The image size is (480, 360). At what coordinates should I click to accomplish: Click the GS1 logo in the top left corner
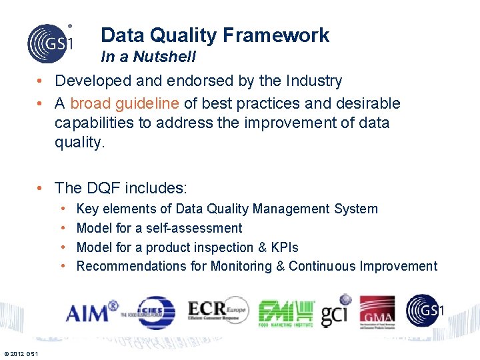(49, 43)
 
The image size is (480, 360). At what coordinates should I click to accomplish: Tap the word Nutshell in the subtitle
(164, 57)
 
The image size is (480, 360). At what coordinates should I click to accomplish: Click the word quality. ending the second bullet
(80, 143)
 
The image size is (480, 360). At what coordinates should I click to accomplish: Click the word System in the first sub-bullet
(356, 209)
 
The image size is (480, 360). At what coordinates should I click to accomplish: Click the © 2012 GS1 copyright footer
(21, 353)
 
